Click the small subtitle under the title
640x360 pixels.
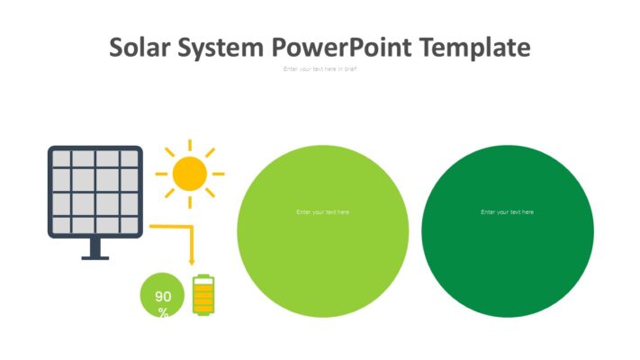tap(320, 69)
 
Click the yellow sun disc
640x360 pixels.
tap(189, 173)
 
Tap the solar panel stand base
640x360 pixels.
tap(95, 256)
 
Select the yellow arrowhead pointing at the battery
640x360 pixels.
tap(192, 260)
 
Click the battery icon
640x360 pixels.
tap(204, 295)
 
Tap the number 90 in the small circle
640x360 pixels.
tap(163, 296)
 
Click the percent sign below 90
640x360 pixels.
tap(163, 311)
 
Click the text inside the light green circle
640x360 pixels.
tap(322, 212)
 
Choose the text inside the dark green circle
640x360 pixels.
tap(507, 212)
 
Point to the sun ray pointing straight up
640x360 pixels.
tap(189, 146)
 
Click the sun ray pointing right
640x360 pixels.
tap(218, 173)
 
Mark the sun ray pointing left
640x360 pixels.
tap(161, 173)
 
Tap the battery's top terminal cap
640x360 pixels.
tap(204, 275)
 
